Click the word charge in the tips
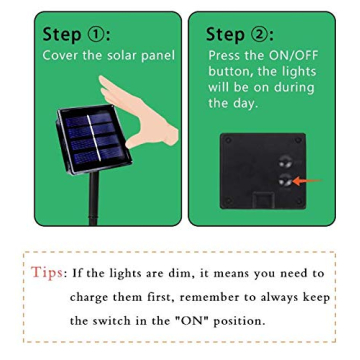pos(94,296)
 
